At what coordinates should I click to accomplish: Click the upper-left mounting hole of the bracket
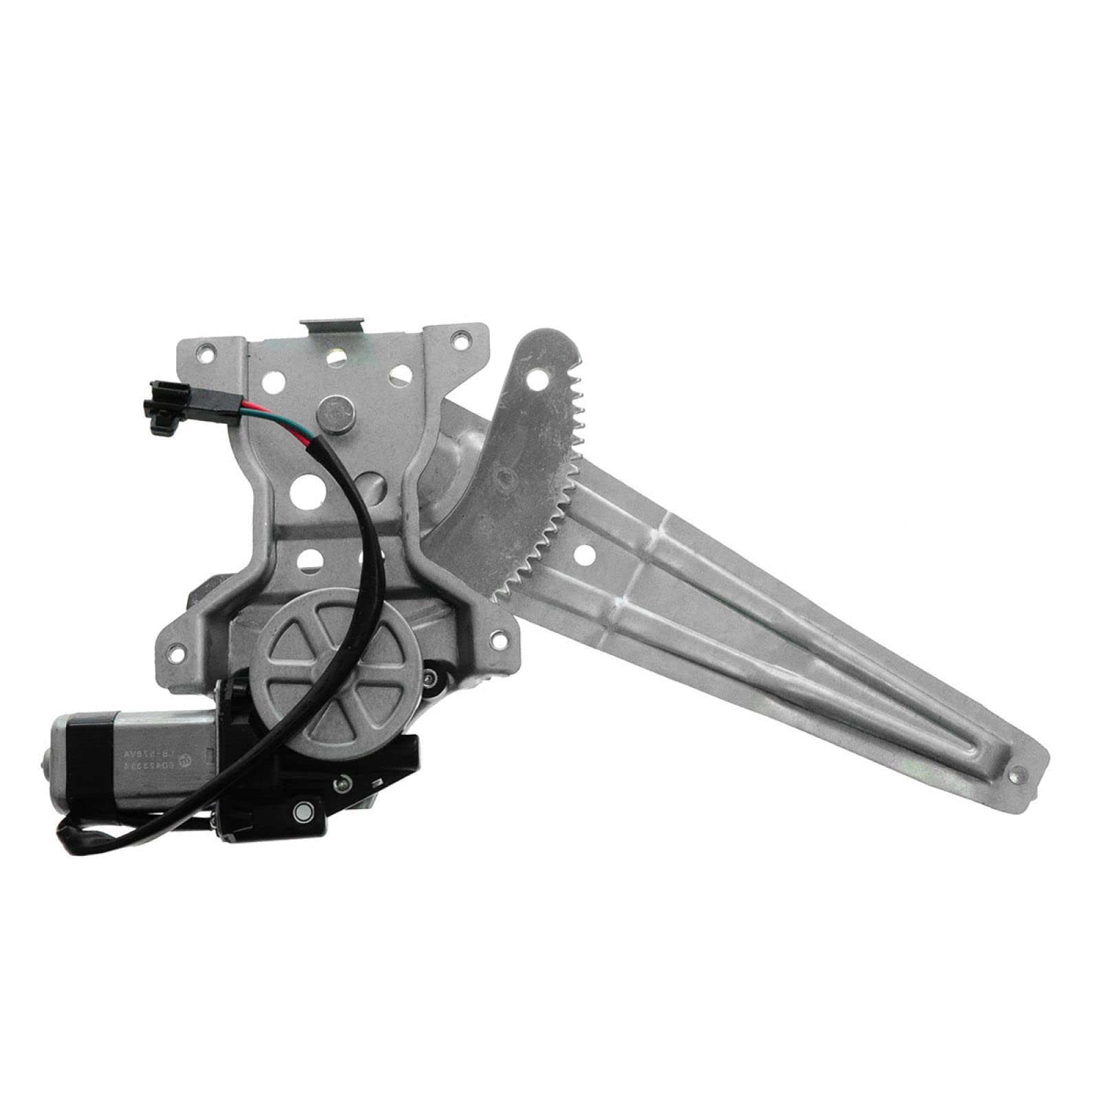point(200,354)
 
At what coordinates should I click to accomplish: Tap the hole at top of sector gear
point(534,377)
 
